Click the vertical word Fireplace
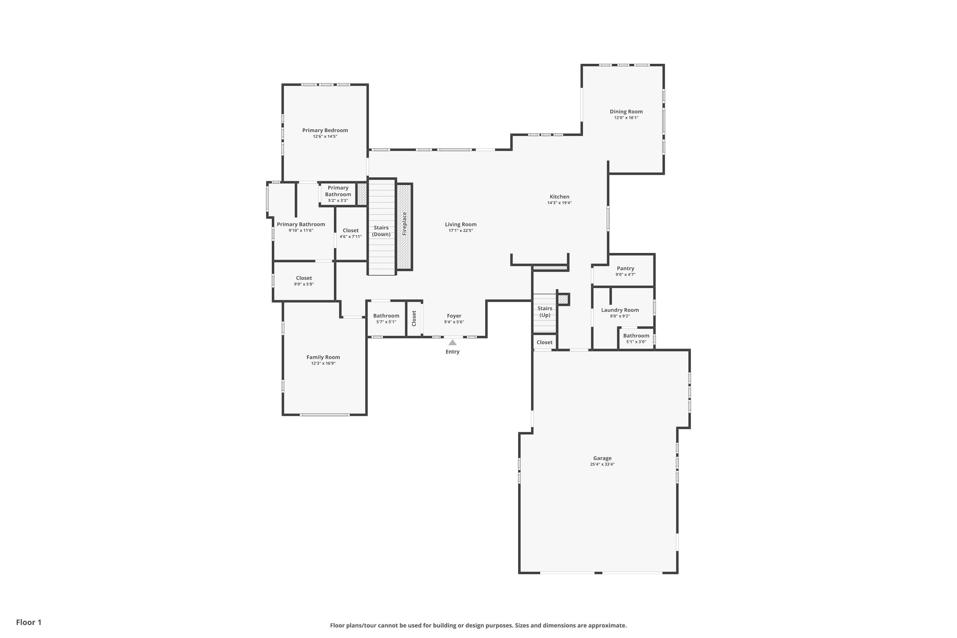click(x=404, y=224)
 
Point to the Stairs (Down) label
click(x=381, y=231)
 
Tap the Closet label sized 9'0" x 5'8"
click(x=304, y=278)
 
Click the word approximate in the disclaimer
click(x=607, y=625)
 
